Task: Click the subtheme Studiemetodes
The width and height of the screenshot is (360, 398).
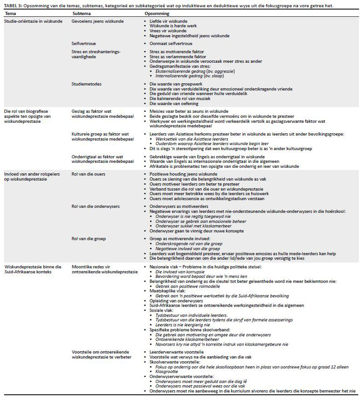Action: click(x=86, y=85)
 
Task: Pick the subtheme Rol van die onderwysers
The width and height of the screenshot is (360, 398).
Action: click(x=96, y=206)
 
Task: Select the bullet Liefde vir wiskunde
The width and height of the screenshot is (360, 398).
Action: click(x=168, y=21)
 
